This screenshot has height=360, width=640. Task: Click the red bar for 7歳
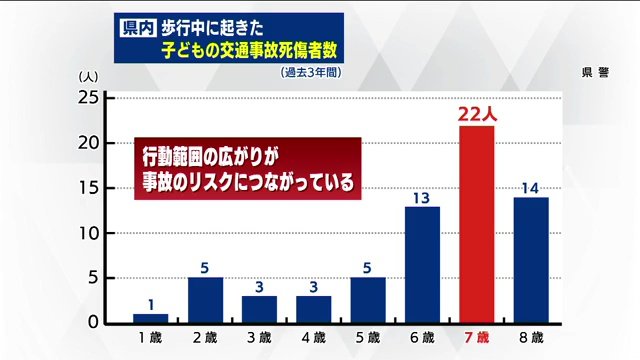click(476, 225)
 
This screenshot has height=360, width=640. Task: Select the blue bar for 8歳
click(531, 260)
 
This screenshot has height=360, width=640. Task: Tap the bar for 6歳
click(422, 265)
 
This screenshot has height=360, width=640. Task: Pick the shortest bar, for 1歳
click(150, 318)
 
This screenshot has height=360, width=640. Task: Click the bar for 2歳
click(205, 300)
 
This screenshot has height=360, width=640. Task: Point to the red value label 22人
click(477, 114)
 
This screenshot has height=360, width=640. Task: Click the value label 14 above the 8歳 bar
click(531, 187)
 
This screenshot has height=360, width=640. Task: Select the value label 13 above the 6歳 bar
click(422, 197)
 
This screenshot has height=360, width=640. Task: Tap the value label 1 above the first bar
click(150, 304)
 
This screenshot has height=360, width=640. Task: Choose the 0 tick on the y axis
click(91, 323)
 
